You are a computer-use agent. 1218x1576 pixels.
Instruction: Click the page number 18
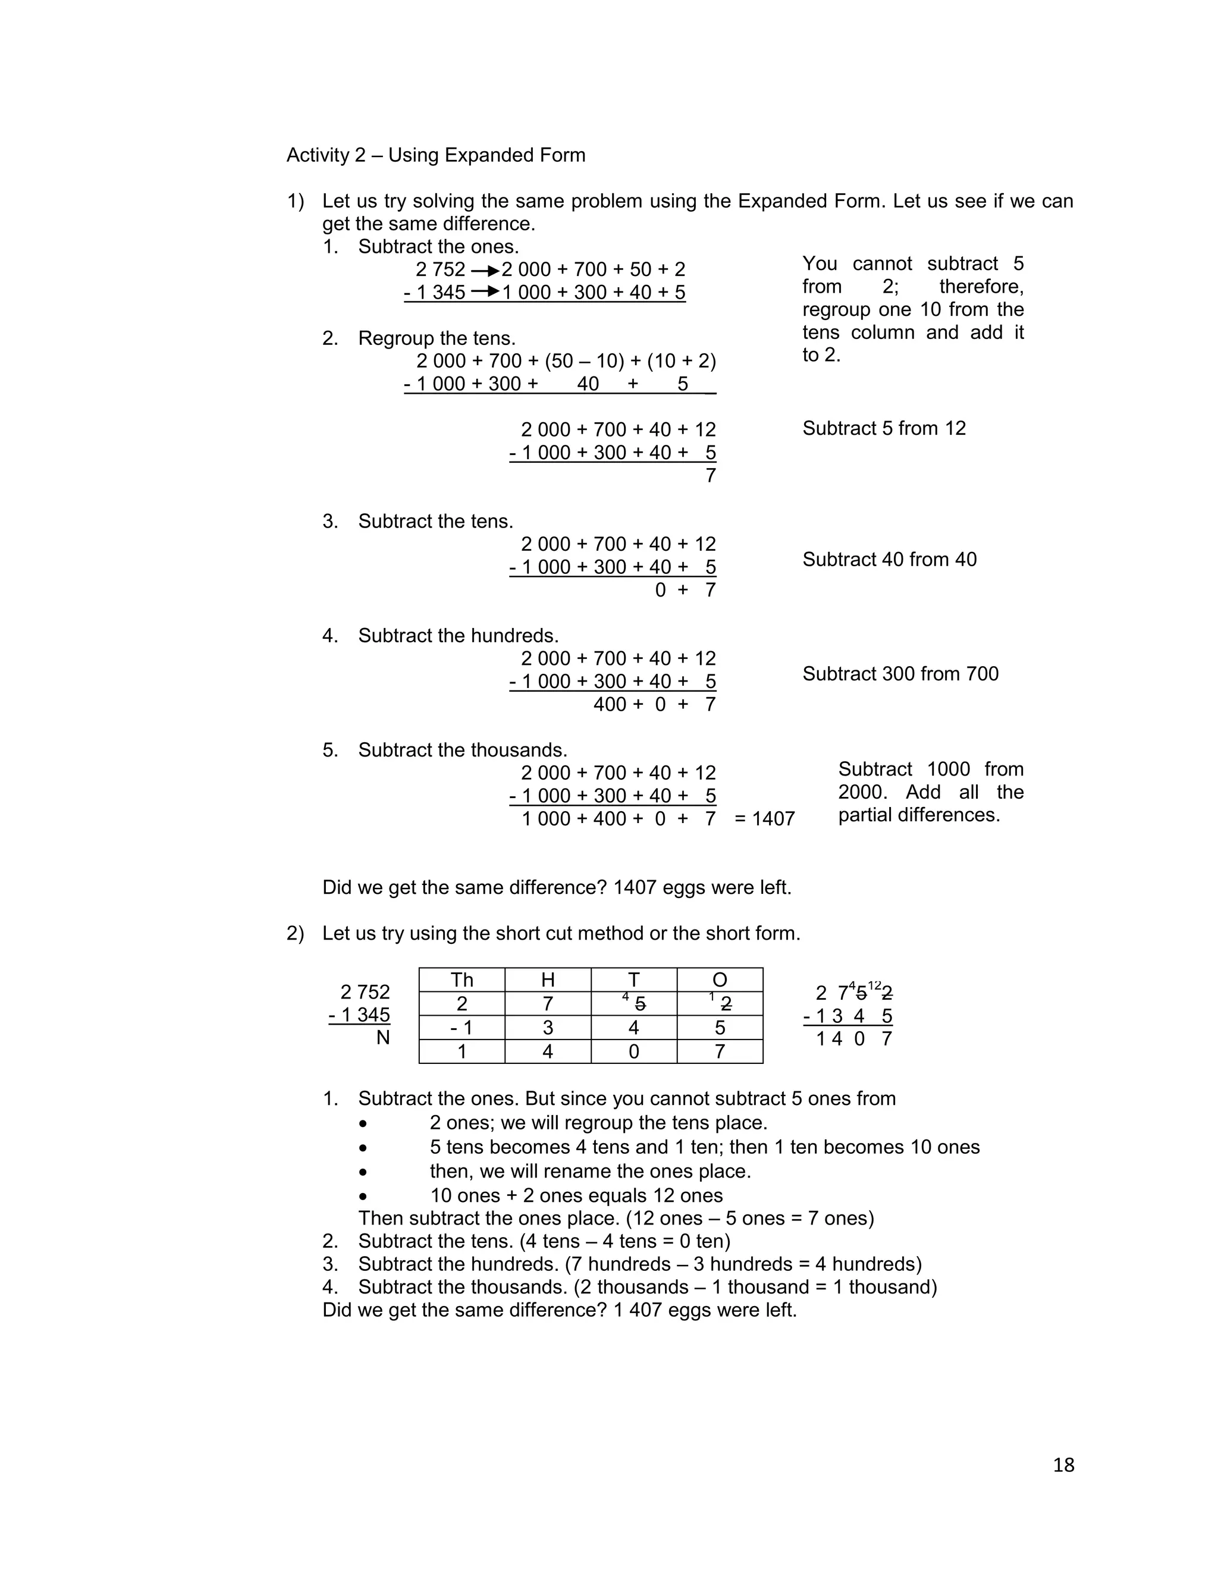click(1063, 1464)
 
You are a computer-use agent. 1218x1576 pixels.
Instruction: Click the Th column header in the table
click(462, 979)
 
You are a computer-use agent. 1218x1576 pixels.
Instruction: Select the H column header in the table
click(548, 979)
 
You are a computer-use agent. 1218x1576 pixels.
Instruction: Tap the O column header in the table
click(720, 979)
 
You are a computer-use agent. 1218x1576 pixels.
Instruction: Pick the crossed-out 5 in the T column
click(640, 1004)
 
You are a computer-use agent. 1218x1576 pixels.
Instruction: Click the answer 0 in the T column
click(633, 1051)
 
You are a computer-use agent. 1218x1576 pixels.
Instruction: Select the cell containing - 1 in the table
click(461, 1028)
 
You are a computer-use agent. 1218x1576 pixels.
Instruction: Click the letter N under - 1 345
click(382, 1038)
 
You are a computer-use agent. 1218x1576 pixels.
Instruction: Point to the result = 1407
click(764, 818)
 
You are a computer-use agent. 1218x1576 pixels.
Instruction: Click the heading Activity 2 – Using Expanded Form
click(436, 155)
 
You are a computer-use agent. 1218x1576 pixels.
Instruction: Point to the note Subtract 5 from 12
click(883, 428)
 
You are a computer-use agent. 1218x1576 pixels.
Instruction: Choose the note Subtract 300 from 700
click(900, 673)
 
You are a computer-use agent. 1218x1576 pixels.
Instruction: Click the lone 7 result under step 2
click(710, 476)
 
